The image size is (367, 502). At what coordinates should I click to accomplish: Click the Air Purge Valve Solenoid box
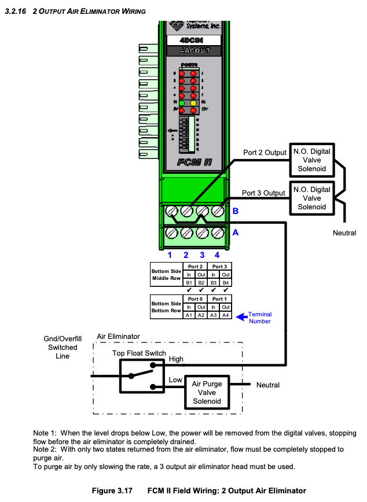[207, 392]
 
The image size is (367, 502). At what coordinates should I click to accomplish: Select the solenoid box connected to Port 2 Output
[312, 160]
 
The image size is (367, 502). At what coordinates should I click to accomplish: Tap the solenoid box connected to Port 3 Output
[312, 198]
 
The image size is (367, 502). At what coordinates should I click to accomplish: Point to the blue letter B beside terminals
[236, 212]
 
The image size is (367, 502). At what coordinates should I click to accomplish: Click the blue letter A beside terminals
[236, 232]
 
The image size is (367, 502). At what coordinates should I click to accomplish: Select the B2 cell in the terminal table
[201, 282]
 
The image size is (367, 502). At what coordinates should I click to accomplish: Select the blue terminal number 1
[170, 254]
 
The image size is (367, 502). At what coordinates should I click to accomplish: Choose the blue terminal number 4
[217, 254]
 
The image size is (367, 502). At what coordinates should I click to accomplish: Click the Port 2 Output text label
[264, 153]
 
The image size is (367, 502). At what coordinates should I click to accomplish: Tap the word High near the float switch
[176, 359]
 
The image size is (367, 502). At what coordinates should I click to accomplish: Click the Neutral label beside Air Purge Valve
[267, 385]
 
